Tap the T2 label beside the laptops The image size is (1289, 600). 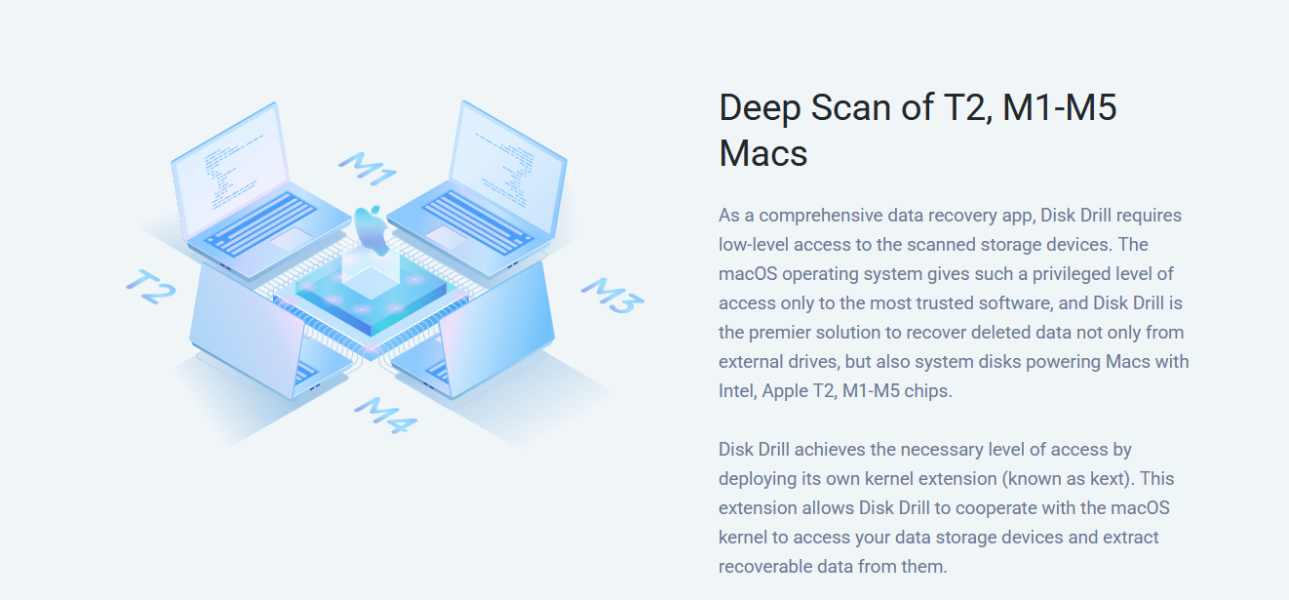[x=150, y=285]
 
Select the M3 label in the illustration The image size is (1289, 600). [x=612, y=296]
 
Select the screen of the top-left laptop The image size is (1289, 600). [x=228, y=156]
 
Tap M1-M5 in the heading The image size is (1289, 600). [x=1060, y=107]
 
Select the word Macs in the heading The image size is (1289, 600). [x=763, y=154]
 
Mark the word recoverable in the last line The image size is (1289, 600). [x=766, y=566]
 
